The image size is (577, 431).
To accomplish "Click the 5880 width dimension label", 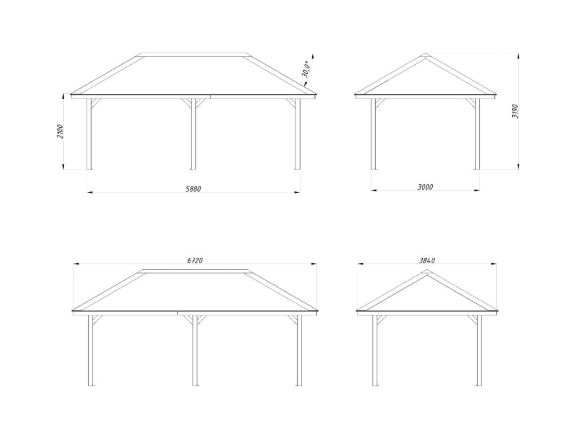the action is (x=194, y=189).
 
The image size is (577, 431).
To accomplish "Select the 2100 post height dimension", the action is (x=60, y=132).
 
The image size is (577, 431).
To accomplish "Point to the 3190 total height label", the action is (x=515, y=111).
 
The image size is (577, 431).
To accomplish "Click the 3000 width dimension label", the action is (x=426, y=187).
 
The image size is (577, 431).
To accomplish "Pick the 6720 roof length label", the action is (x=195, y=260).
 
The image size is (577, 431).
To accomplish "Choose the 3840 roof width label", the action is (x=427, y=260).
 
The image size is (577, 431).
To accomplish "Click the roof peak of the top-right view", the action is (x=426, y=53).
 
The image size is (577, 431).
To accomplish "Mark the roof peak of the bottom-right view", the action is (x=427, y=270).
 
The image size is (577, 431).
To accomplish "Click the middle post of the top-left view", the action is (x=193, y=134).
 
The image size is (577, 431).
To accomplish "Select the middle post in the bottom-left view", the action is (x=195, y=350).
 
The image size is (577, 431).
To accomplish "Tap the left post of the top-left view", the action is (x=89, y=134).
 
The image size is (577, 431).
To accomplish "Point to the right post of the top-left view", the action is (x=297, y=134).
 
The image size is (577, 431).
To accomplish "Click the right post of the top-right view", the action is (x=477, y=134).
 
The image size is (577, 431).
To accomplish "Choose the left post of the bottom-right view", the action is (x=375, y=350).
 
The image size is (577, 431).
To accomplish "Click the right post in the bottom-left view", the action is (x=299, y=350).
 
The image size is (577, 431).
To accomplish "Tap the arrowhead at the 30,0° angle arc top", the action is (x=313, y=55).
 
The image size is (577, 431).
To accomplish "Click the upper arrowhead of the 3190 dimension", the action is (x=518, y=56).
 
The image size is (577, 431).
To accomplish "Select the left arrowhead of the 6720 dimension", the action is (x=77, y=263).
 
